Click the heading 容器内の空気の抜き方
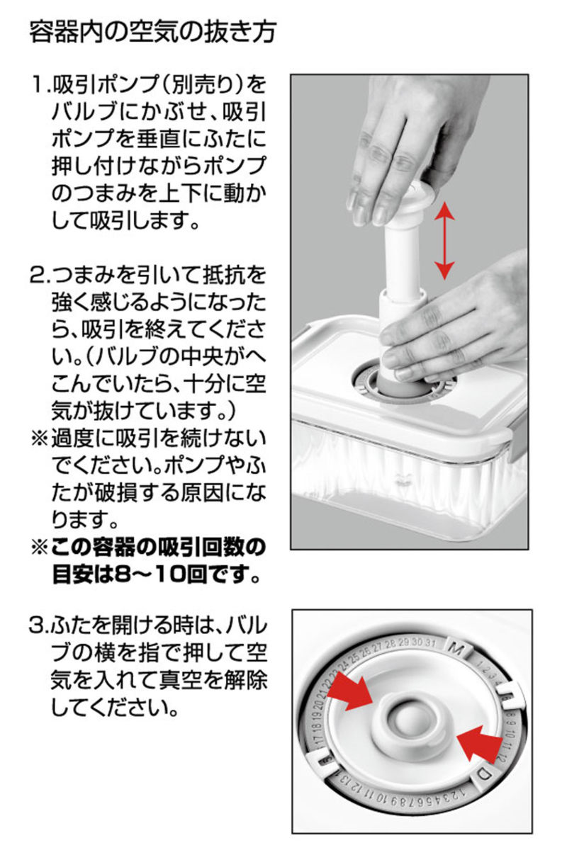(152, 33)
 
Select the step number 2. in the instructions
(40, 276)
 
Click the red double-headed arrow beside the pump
(444, 242)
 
